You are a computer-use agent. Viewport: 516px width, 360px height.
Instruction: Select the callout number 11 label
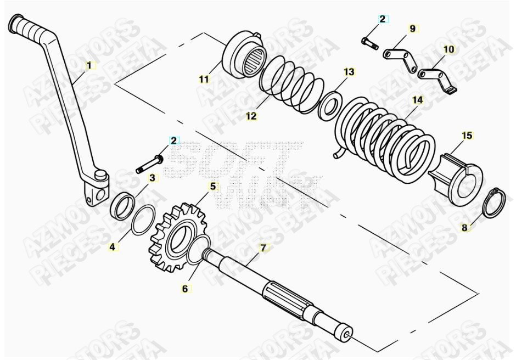[x=204, y=80]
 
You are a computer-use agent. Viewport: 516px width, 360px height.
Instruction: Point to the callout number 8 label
[x=465, y=227]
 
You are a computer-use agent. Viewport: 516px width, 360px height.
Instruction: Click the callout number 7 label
[x=263, y=248]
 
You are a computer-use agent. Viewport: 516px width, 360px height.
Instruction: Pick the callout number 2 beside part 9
[x=383, y=19]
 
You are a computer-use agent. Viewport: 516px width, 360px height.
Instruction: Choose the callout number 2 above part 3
[x=173, y=140]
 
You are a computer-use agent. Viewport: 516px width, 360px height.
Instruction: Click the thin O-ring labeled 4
[x=143, y=220]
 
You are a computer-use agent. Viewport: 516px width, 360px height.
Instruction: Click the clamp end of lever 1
[x=96, y=190]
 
